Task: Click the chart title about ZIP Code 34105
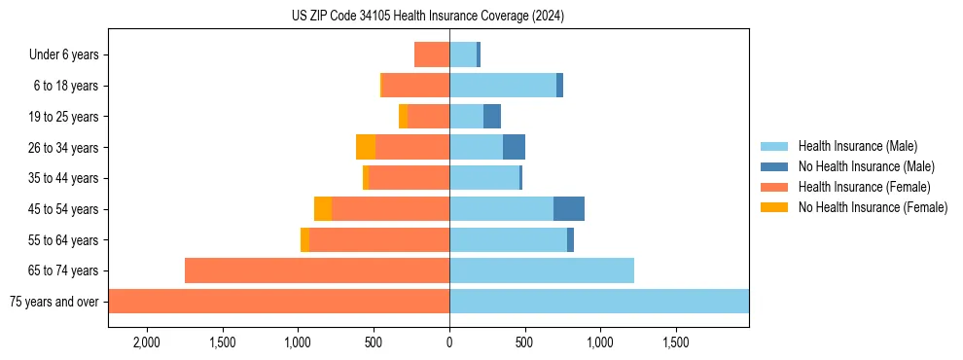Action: pos(427,17)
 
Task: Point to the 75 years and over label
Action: pos(54,302)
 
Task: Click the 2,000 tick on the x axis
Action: pos(147,342)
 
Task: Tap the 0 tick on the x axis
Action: pos(449,342)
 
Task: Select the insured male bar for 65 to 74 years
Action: pos(542,270)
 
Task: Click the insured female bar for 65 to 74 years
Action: pos(317,270)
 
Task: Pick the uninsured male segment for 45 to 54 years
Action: pos(569,209)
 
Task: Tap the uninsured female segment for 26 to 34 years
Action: pos(366,147)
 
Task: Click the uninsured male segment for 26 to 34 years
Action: pos(514,147)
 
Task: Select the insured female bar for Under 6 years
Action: pos(432,54)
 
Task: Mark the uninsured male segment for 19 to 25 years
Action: pos(492,117)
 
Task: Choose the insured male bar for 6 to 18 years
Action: pos(503,86)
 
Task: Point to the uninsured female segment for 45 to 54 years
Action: pos(323,209)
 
